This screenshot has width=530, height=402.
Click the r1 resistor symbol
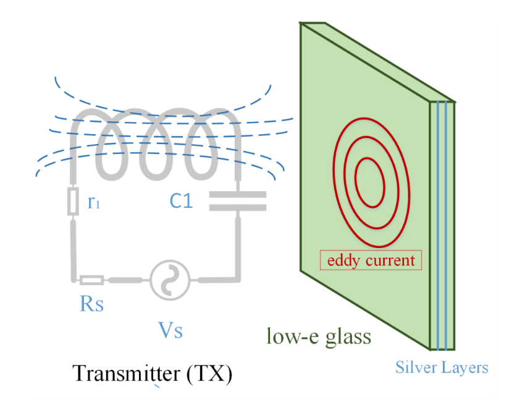(x=74, y=202)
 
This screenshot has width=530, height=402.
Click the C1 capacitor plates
(x=237, y=200)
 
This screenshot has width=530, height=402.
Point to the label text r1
(x=93, y=202)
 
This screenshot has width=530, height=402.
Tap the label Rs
(x=91, y=304)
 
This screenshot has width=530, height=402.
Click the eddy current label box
(x=371, y=260)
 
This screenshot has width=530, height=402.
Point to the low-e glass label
(x=319, y=336)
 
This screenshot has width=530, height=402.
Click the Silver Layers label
(x=442, y=367)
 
